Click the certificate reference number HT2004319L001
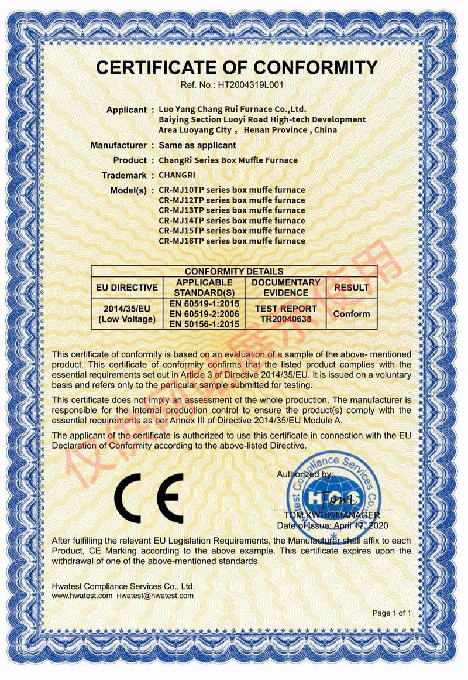point(251,84)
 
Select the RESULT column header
point(352,287)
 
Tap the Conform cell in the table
point(352,313)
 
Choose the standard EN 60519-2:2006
point(205,313)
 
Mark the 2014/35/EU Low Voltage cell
point(127,313)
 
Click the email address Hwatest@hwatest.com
point(155,596)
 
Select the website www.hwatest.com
point(82,596)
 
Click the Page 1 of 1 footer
point(392,613)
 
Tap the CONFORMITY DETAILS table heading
point(234,271)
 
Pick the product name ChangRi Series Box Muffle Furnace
point(228,160)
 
